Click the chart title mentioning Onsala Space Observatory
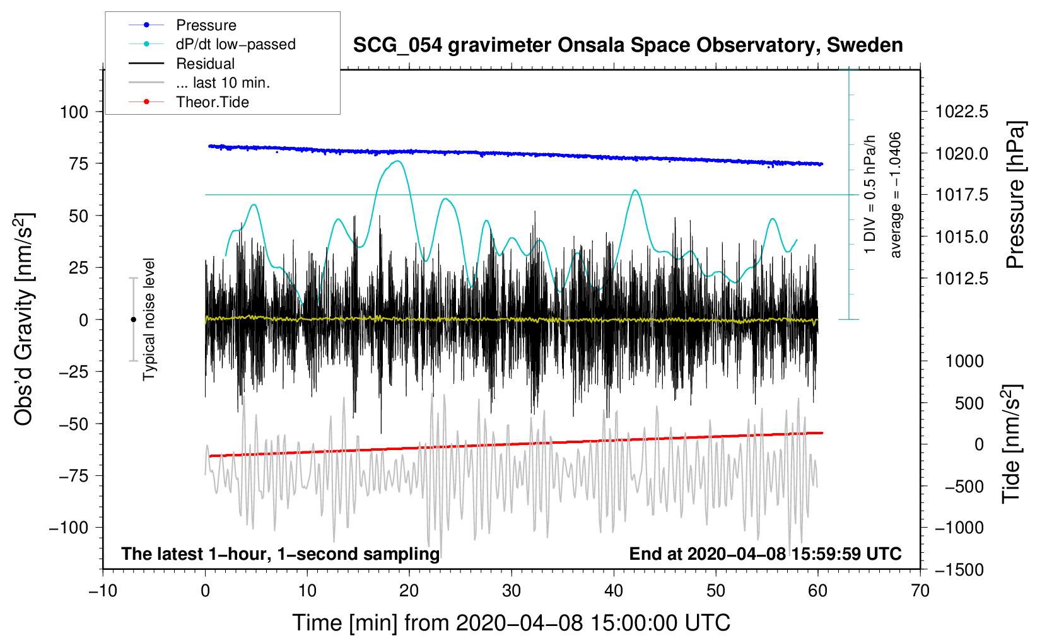628,45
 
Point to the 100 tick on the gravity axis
74,112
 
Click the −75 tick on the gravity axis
73,476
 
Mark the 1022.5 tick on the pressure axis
961,112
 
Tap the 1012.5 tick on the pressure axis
961,279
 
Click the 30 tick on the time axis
512,591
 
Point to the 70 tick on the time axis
920,591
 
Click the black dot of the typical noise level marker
133,320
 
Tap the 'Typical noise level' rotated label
148,320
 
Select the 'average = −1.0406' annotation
894,195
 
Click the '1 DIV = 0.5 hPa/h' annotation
869,195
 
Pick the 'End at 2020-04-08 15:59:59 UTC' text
765,553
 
